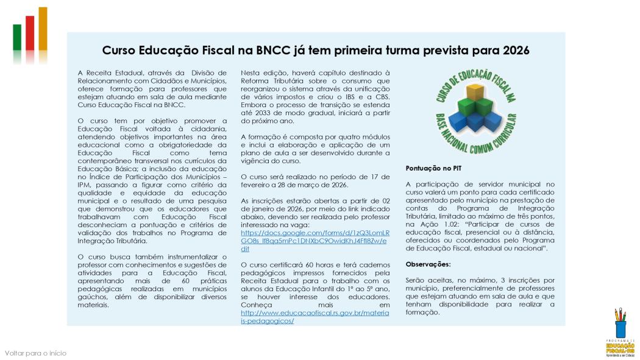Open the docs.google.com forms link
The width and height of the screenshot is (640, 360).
tap(316, 241)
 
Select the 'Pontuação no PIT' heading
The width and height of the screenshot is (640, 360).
tap(432, 168)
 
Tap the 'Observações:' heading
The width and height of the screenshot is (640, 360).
tap(428, 264)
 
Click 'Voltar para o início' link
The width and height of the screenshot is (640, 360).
tap(35, 353)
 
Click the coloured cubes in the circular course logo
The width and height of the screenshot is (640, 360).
tap(476, 110)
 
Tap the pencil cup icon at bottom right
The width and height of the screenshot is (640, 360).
tap(620, 323)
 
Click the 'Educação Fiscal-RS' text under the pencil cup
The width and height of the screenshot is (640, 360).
tap(620, 347)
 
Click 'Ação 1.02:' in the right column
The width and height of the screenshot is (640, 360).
tap(446, 224)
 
